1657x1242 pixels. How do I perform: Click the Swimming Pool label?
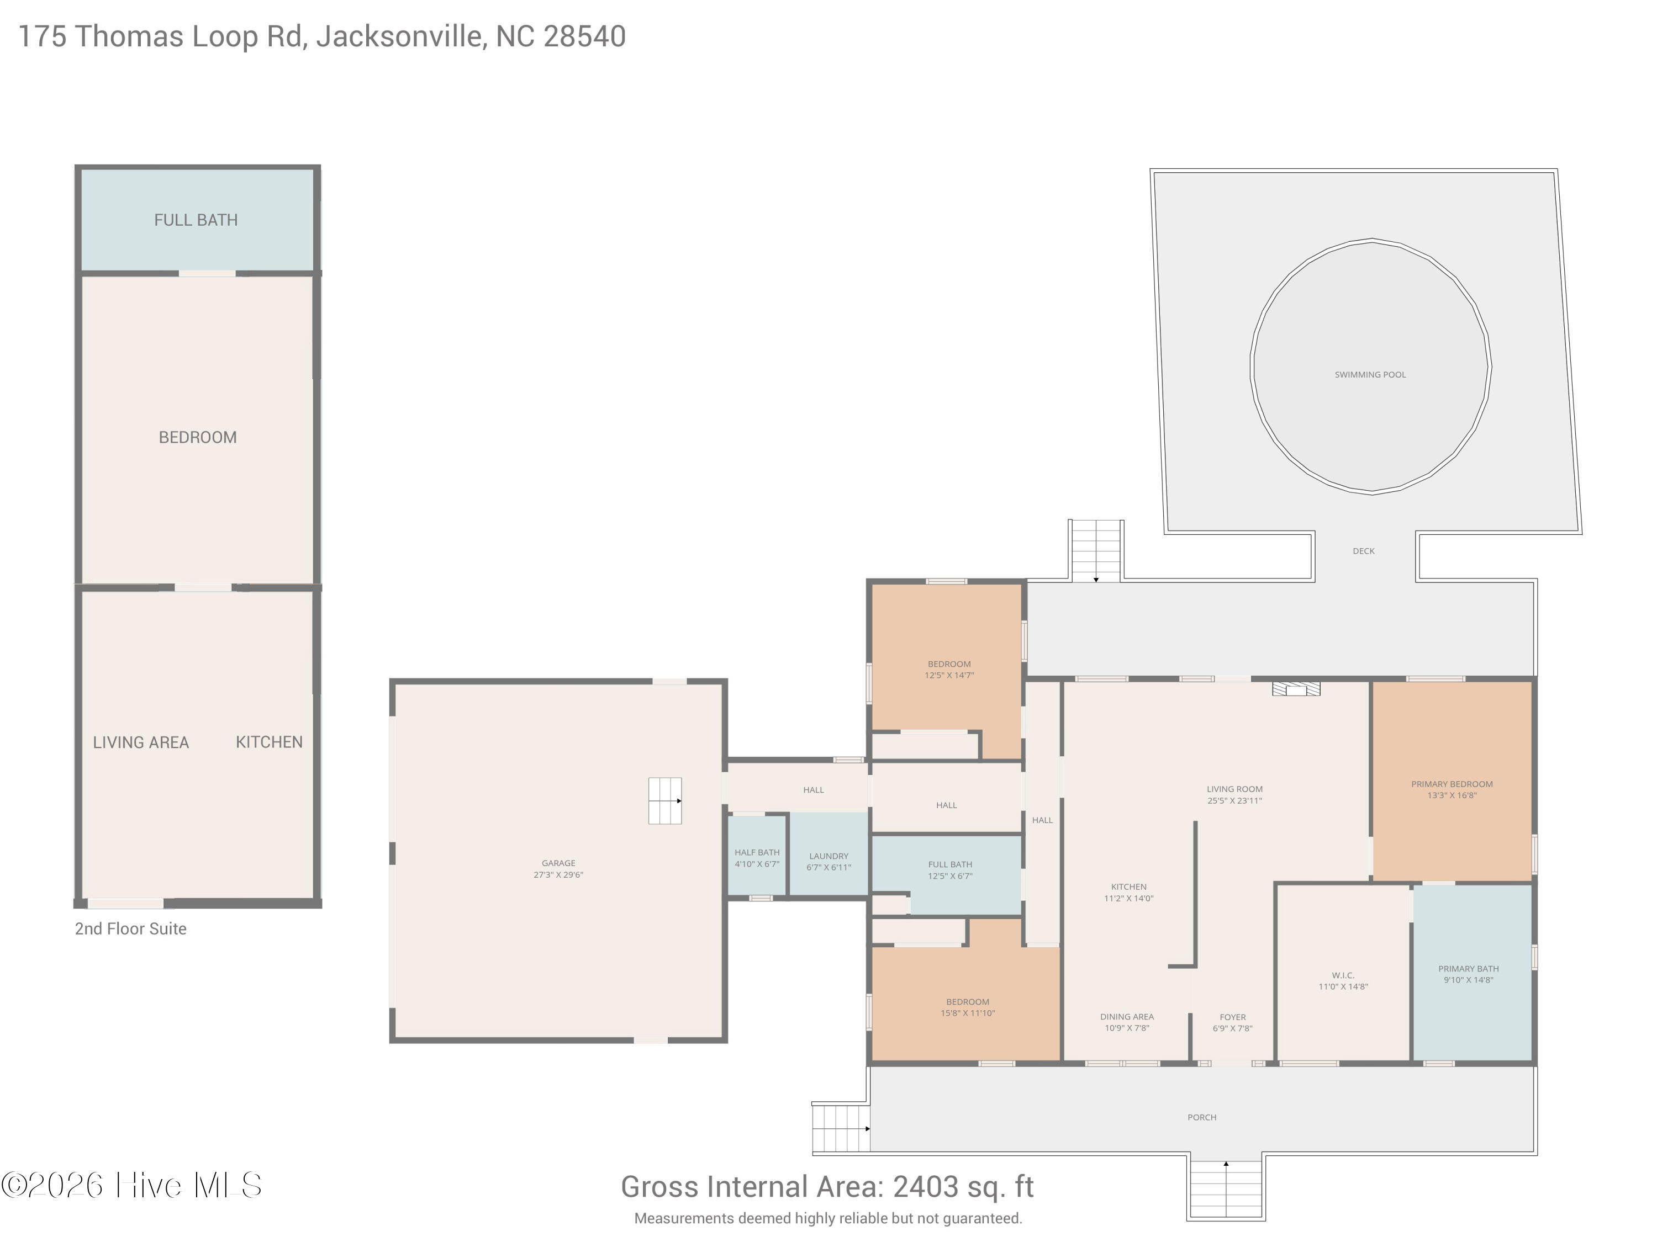(1370, 374)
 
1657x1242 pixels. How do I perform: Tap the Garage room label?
(558, 863)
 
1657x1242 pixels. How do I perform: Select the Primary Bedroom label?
(1452, 784)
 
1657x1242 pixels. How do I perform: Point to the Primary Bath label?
(1468, 969)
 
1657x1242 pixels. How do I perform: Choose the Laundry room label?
(828, 856)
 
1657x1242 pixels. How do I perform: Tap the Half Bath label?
(757, 852)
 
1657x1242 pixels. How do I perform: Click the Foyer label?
(1232, 1017)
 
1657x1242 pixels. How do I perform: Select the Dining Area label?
(1127, 1017)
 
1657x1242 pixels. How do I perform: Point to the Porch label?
(1201, 1117)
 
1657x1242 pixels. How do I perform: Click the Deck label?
(1363, 551)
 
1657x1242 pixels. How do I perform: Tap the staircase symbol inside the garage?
(665, 801)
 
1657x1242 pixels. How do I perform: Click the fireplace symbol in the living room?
(1296, 689)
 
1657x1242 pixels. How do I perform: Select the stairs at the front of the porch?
(1226, 1189)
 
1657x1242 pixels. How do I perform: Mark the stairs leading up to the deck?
(1096, 550)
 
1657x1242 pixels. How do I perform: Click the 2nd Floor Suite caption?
(130, 928)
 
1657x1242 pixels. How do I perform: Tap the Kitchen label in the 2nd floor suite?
(269, 742)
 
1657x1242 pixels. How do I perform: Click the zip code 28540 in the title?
(584, 36)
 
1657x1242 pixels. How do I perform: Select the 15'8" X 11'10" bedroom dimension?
(968, 1013)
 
